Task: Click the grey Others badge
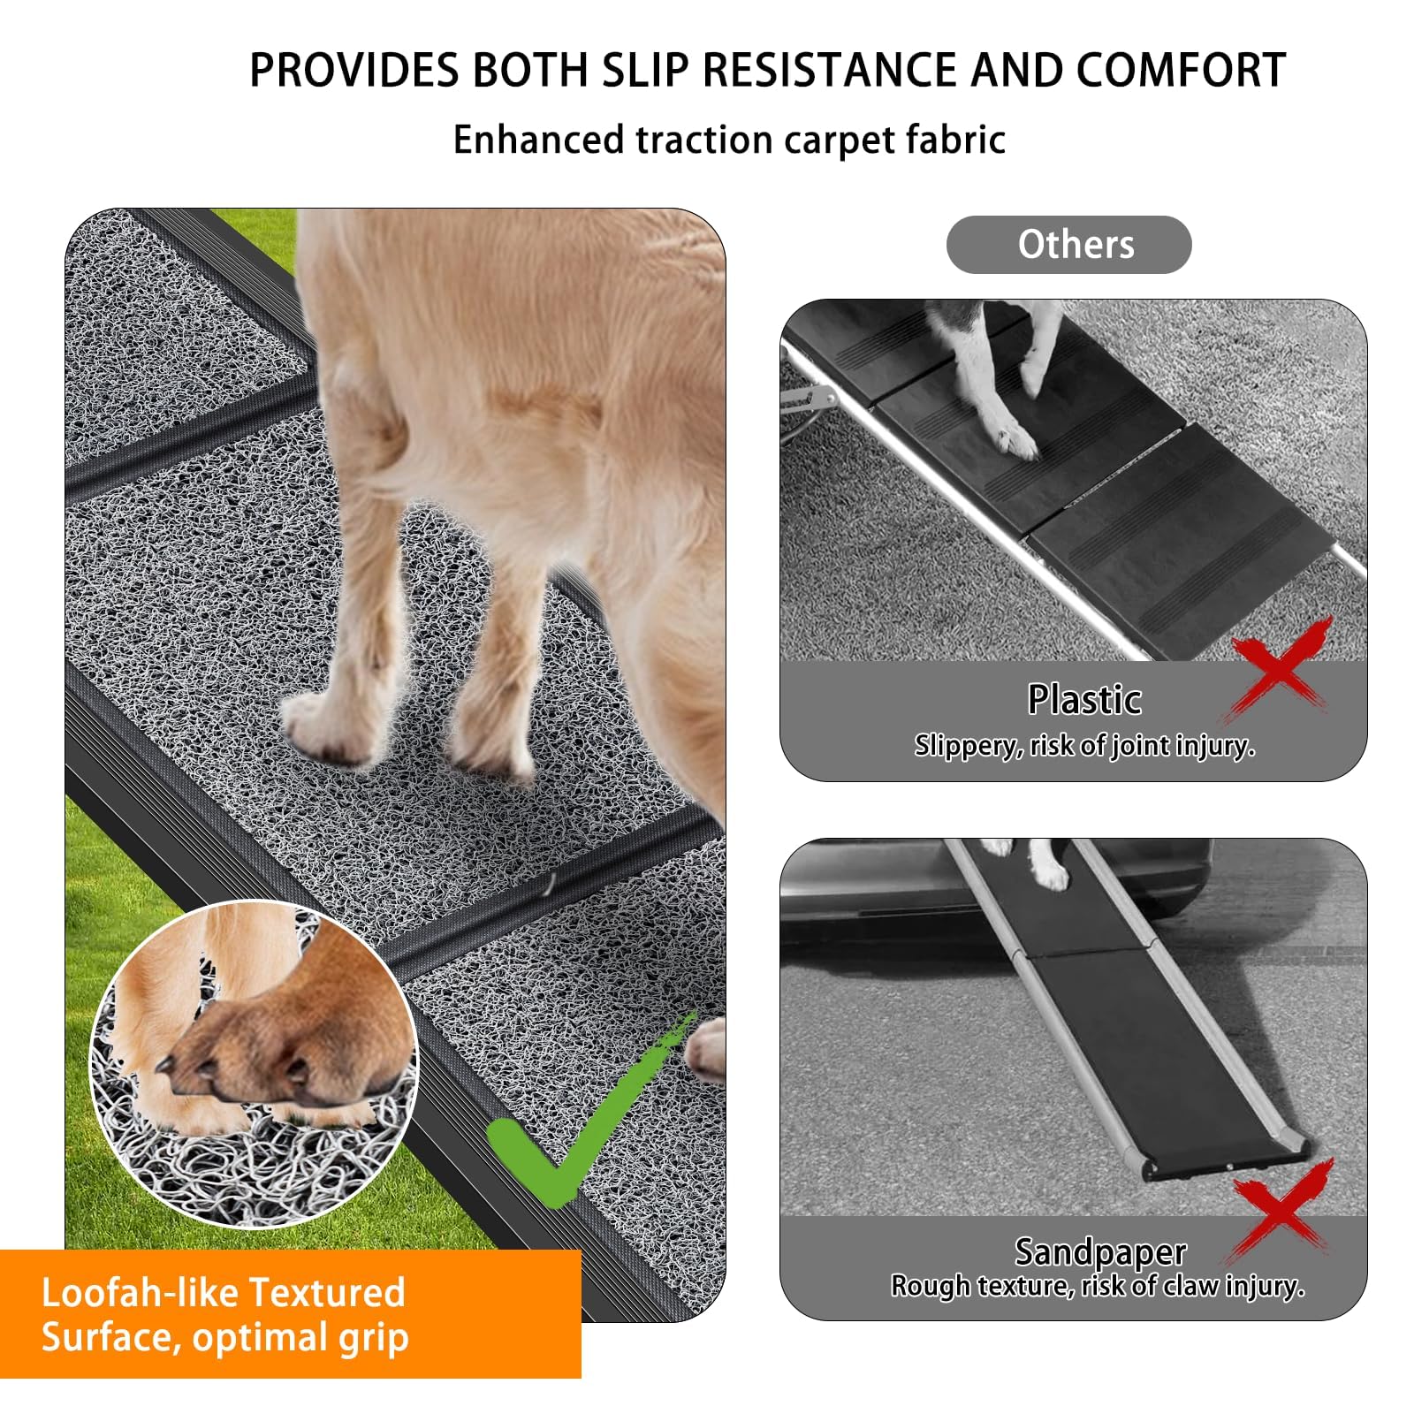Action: pyautogui.click(x=1068, y=245)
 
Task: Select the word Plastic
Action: pyautogui.click(x=1084, y=700)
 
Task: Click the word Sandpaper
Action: pyautogui.click(x=1099, y=1251)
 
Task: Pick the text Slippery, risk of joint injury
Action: pyautogui.click(x=1084, y=746)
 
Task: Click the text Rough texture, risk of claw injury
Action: pyautogui.click(x=1097, y=1286)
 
